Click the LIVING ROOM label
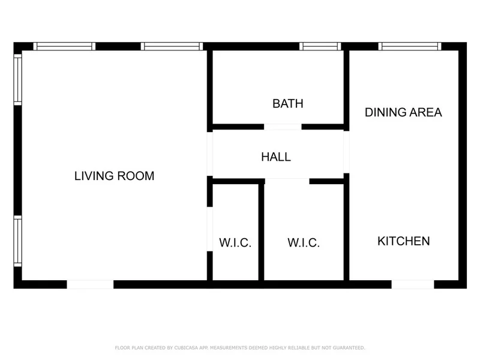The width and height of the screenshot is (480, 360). coord(114,176)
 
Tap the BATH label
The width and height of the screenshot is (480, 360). coord(287,103)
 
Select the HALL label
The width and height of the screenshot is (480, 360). coord(276,157)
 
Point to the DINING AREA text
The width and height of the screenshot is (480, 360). coord(403,112)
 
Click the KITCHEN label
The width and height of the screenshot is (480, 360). coord(403,241)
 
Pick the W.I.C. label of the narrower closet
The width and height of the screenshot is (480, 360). coord(235,243)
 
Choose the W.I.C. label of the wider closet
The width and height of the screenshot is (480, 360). coord(303,243)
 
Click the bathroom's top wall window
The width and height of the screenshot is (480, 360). coord(320,46)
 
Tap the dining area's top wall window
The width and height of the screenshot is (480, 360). coord(410,46)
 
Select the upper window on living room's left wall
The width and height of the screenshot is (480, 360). coord(18,79)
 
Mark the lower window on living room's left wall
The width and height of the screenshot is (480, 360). coord(18,241)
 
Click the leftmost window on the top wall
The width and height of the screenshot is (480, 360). coord(64,46)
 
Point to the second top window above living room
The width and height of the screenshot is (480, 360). coord(172,46)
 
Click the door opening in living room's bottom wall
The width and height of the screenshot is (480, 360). coord(90,284)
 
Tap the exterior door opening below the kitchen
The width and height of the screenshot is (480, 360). coord(413,284)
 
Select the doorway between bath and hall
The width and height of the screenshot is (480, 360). coord(283,127)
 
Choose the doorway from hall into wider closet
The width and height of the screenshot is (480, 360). coord(287,181)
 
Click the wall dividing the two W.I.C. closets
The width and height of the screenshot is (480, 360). coord(261,231)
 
